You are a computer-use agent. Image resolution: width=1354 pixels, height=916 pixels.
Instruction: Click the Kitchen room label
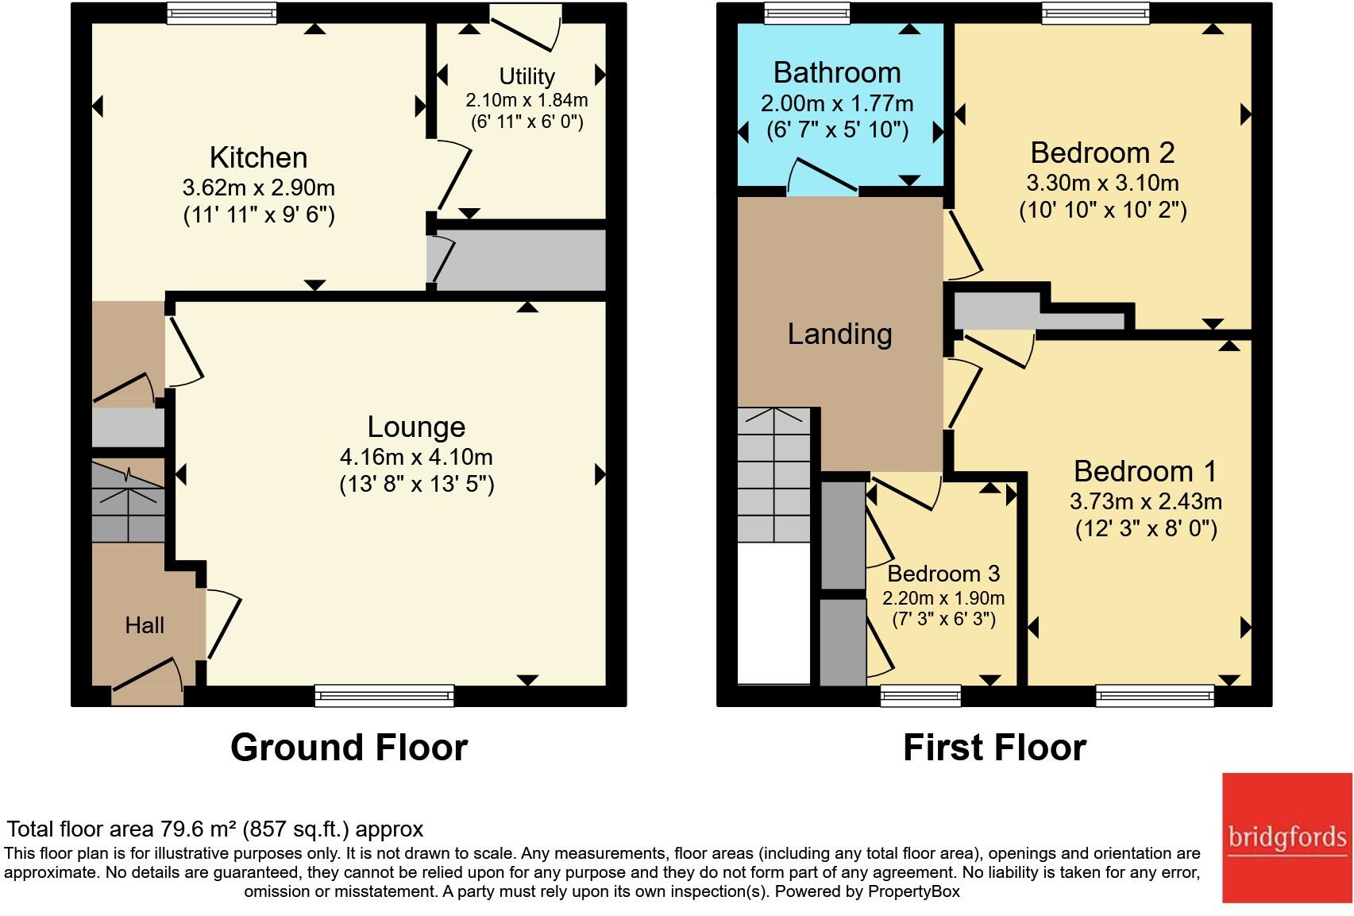259,158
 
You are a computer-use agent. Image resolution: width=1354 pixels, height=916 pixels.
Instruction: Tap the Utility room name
527,77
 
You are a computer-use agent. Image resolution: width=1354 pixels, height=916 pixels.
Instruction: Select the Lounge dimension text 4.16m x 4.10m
416,457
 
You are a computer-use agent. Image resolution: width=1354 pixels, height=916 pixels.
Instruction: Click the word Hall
145,625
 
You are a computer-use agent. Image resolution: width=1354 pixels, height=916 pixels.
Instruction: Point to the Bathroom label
837,73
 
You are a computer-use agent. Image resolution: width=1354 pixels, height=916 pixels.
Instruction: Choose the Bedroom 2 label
1102,153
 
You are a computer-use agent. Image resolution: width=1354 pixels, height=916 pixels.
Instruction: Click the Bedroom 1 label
1145,472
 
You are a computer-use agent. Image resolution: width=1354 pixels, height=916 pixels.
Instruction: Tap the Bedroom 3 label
943,574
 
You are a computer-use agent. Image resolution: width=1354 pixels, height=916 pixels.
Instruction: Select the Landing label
839,334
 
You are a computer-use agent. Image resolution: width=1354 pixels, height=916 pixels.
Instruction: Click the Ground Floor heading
349,748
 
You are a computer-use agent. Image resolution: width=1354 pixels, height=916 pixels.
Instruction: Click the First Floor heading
994,748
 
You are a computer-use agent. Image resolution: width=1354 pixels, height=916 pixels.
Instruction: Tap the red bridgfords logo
1287,837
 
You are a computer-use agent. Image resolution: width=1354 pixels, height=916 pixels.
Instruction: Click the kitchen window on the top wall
222,13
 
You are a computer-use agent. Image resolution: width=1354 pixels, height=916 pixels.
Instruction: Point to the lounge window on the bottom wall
384,695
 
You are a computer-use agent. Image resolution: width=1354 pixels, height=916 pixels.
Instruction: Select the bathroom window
806,13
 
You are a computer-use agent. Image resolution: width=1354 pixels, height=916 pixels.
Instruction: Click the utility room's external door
525,27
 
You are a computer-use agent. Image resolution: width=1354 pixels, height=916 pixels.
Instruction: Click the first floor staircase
773,475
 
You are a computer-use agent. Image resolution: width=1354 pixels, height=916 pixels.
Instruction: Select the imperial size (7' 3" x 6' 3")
943,620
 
